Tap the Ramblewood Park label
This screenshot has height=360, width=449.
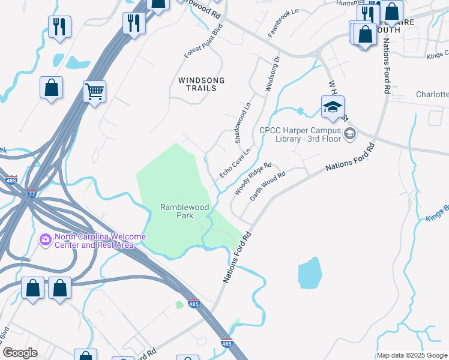pos(185,211)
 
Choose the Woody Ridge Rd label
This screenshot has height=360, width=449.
pos(253,179)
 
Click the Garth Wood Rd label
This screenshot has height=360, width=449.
pos(268,187)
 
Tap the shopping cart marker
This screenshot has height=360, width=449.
pos(94,92)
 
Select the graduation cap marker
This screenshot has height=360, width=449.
pos(333,107)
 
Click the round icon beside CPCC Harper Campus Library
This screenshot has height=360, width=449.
pos(350,135)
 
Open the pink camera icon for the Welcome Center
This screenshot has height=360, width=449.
pos(45,240)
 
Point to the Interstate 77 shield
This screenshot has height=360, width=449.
pos(32,193)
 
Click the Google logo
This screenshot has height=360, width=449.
pos(20,353)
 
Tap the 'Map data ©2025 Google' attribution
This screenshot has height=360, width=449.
pos(412,355)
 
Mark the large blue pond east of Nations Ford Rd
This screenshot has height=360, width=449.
pos(310,274)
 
